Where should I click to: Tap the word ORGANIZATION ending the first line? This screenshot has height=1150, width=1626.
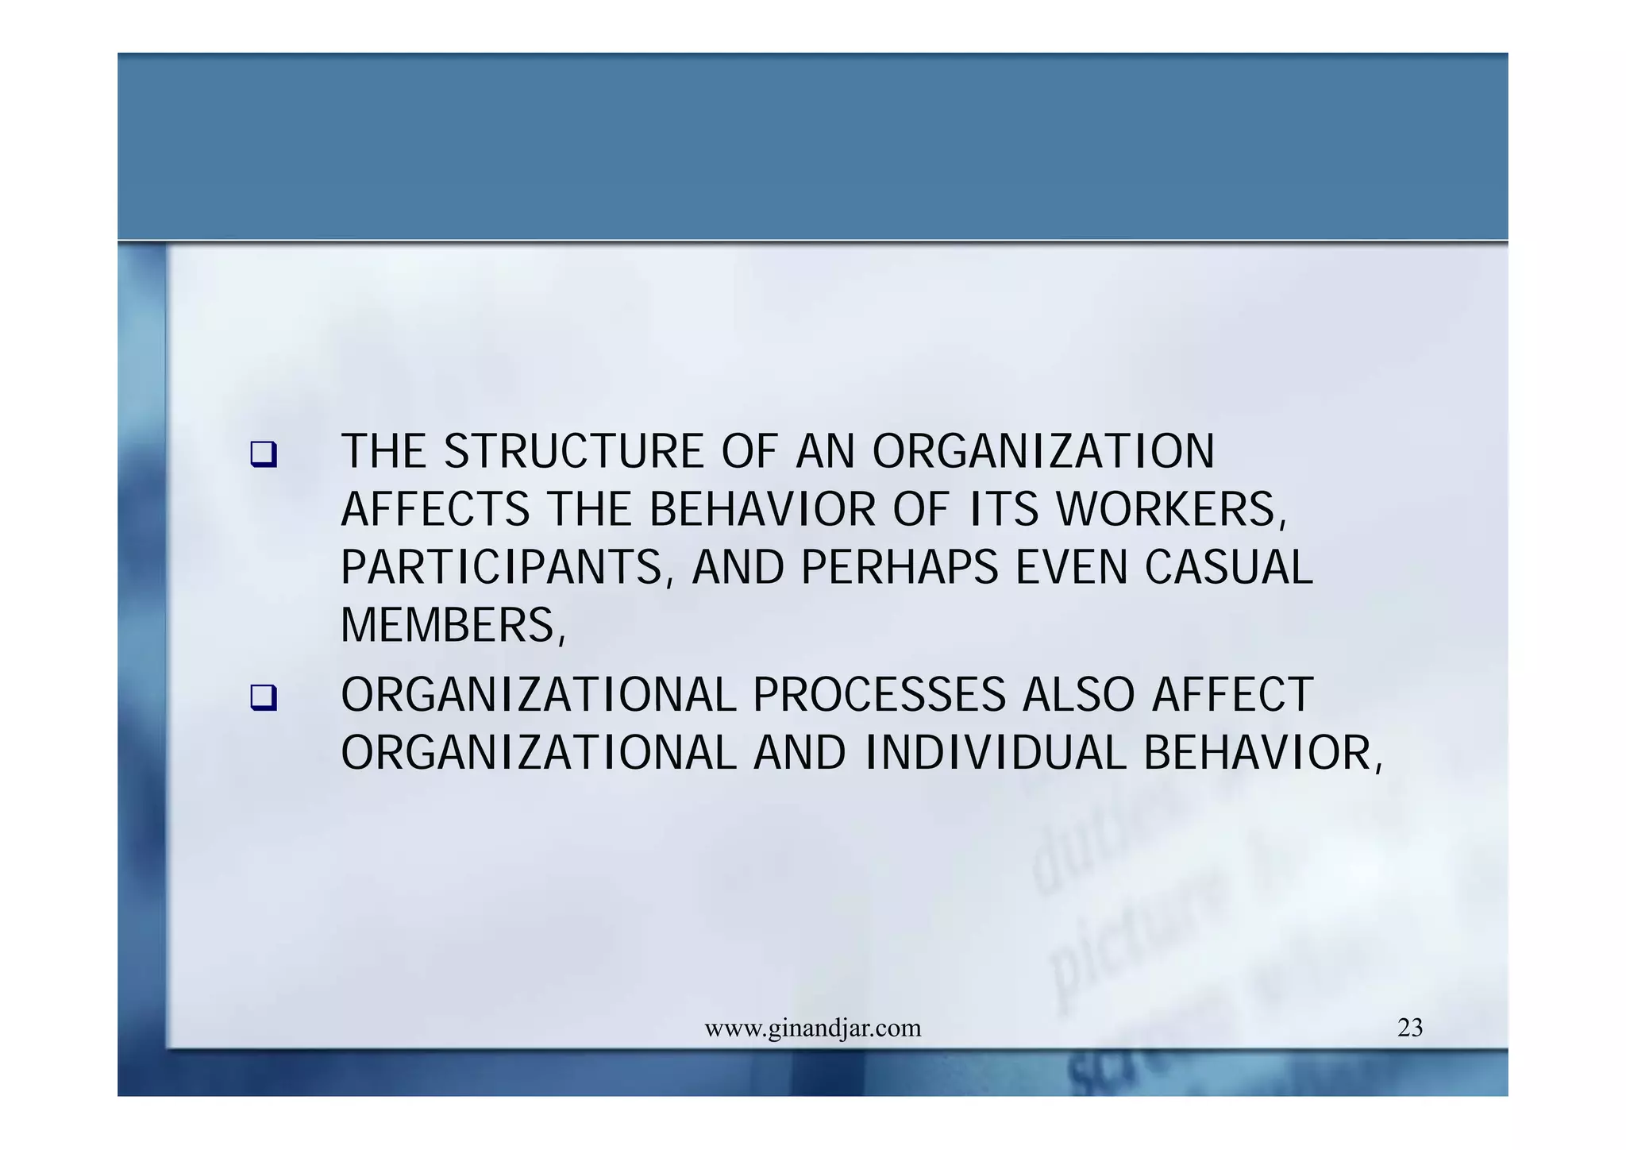pyautogui.click(x=1043, y=452)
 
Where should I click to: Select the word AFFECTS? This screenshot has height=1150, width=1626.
pyautogui.click(x=435, y=510)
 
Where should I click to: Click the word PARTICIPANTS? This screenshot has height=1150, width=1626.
pyautogui.click(x=502, y=568)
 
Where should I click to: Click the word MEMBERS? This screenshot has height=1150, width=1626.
pyautogui.click(x=449, y=626)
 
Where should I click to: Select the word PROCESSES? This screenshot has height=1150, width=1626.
pyautogui.click(x=879, y=695)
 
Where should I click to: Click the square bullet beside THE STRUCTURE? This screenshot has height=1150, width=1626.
pyautogui.click(x=263, y=455)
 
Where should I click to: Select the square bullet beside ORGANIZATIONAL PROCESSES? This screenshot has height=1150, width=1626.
pyautogui.click(x=263, y=698)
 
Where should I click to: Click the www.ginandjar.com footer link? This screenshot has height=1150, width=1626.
pyautogui.click(x=813, y=1028)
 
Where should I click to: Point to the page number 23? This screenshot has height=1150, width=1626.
pyautogui.click(x=1410, y=1028)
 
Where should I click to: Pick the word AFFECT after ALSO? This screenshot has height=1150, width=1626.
pyautogui.click(x=1232, y=695)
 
